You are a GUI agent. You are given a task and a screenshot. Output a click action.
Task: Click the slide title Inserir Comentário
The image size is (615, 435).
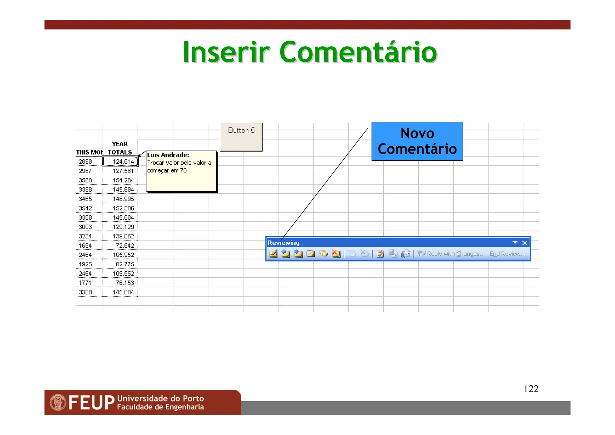[x=310, y=52]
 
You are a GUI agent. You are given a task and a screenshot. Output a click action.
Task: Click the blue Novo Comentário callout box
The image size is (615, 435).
[x=417, y=141]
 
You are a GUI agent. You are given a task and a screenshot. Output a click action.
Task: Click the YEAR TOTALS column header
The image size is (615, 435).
[x=120, y=148]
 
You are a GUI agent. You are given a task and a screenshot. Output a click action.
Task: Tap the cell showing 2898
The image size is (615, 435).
[x=86, y=162]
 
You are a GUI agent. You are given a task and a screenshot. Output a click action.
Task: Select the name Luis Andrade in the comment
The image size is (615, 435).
[x=168, y=155]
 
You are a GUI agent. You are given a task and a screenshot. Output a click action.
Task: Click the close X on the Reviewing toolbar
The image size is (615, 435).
[x=524, y=243]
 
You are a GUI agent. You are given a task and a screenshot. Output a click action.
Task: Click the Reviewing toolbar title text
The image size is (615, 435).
[x=283, y=243]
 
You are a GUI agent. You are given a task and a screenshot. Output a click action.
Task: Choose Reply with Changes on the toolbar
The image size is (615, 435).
[x=456, y=254]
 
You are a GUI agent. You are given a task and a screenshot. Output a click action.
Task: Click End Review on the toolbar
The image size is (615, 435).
[x=508, y=254]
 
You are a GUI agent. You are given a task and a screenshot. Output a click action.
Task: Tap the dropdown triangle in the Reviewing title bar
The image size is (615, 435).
[x=515, y=243]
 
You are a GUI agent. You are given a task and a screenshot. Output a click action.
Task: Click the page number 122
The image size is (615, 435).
[x=531, y=389]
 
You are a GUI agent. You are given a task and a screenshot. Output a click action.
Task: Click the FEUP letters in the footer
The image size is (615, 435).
[x=92, y=403]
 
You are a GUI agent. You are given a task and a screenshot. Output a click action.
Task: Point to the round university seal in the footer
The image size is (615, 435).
[x=58, y=403]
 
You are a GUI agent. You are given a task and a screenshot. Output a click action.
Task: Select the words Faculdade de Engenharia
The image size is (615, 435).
[x=160, y=407]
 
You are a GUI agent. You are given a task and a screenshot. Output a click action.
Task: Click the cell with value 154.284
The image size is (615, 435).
[x=123, y=180]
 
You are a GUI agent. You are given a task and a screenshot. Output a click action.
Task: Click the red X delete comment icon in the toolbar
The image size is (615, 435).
[x=336, y=254]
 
